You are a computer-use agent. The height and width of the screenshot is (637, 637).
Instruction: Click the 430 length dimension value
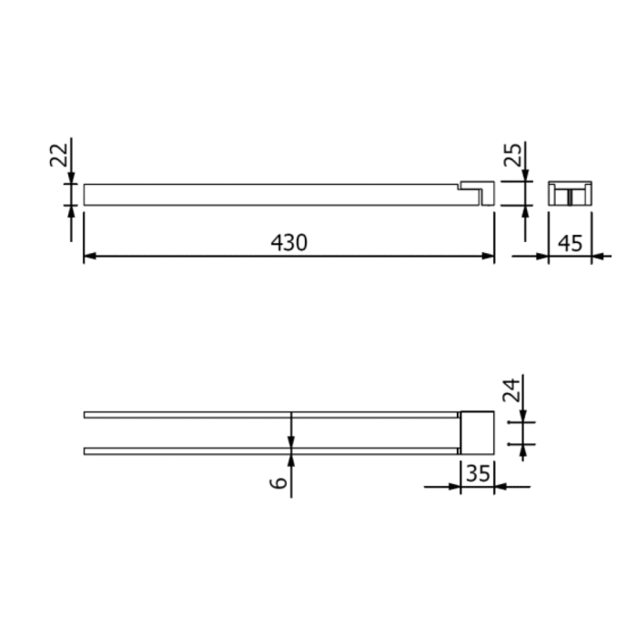click(289, 242)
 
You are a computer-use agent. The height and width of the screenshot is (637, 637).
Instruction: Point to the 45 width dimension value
click(570, 242)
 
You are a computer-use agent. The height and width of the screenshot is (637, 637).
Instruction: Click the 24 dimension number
click(512, 392)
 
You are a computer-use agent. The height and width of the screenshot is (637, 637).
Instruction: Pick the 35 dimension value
click(477, 473)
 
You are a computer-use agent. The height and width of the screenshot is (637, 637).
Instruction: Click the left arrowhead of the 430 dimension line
click(89, 258)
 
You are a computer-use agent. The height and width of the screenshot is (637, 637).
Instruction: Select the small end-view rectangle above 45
click(570, 194)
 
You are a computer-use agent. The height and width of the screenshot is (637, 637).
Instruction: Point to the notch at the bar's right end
click(471, 188)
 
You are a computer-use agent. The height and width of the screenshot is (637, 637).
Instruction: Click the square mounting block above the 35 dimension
click(477, 431)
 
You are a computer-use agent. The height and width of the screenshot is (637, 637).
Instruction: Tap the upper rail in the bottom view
click(273, 415)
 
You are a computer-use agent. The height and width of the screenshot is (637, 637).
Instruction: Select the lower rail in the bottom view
click(273, 450)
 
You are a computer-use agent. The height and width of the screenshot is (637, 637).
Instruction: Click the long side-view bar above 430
click(273, 195)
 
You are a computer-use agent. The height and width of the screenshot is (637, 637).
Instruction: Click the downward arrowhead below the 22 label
click(71, 177)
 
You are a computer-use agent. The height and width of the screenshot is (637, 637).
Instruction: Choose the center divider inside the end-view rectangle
click(570, 196)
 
